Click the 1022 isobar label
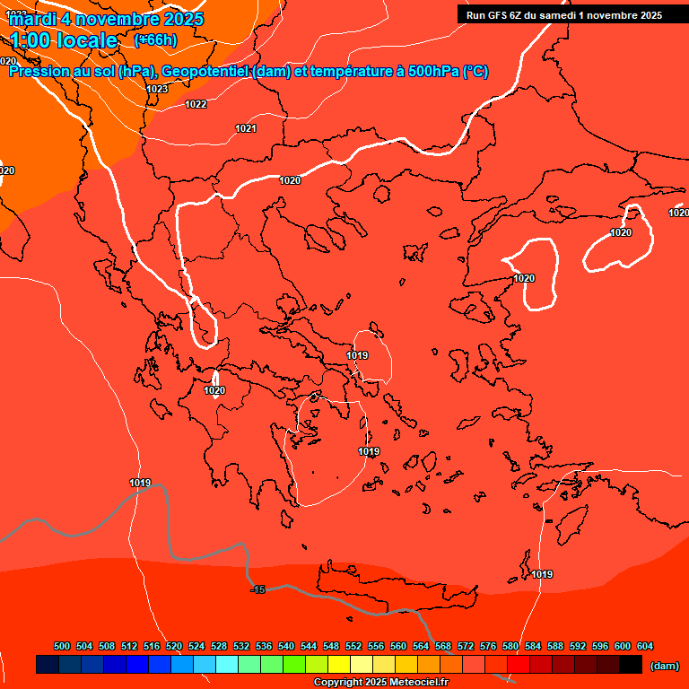[196, 104]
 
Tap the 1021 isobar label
[246, 128]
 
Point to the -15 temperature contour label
[258, 589]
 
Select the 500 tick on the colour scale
[62, 646]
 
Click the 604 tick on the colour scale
[645, 646]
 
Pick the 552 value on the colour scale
[353, 646]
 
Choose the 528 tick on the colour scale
[219, 646]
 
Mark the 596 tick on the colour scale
[600, 646]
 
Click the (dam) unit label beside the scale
[664, 666]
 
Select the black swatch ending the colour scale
[631, 665]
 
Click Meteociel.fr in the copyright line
[415, 683]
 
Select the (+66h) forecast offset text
[155, 40]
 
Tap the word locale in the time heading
[86, 40]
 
